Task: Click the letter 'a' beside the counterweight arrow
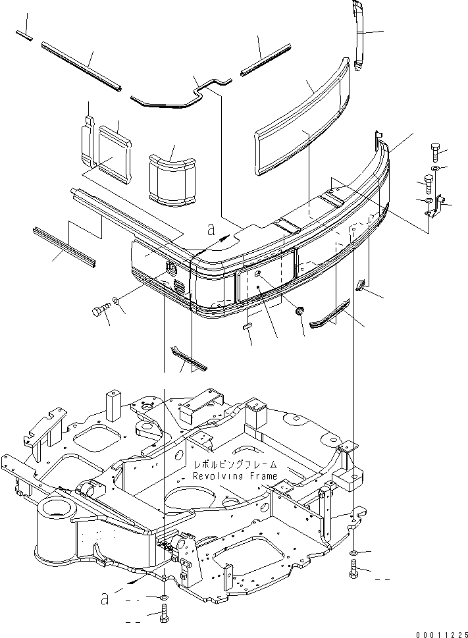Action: coord(211,229)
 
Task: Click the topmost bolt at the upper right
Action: coord(436,151)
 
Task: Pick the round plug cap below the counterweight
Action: coord(299,309)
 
